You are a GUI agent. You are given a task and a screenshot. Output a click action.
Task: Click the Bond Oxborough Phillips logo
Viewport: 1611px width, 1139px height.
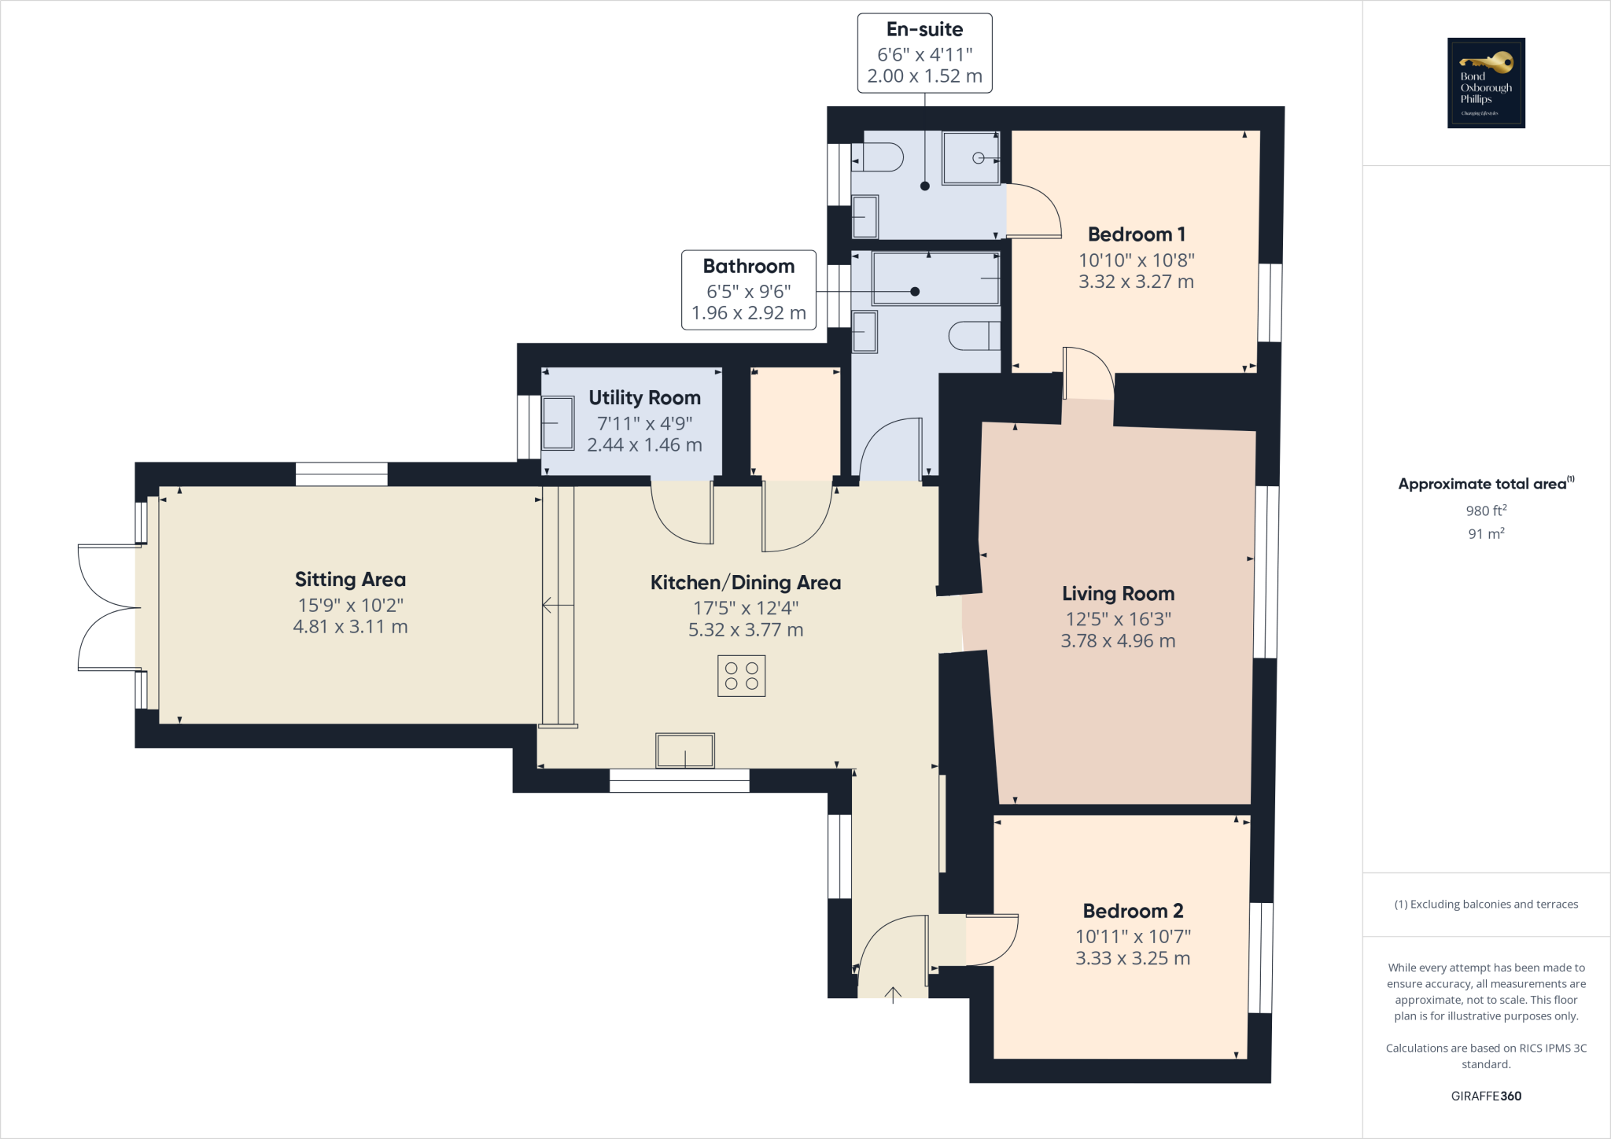pyautogui.click(x=1486, y=83)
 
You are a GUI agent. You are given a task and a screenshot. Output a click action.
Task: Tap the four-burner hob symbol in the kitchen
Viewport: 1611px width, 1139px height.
pyautogui.click(x=741, y=676)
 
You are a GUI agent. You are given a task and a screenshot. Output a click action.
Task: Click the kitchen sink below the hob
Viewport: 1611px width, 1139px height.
pyautogui.click(x=685, y=750)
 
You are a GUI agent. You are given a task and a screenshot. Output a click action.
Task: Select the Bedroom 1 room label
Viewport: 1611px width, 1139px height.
pyautogui.click(x=1136, y=234)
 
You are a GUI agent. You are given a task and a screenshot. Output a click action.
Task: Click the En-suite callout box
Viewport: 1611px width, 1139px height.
pyautogui.click(x=924, y=53)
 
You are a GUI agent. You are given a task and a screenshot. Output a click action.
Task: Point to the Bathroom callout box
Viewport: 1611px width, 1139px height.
pyautogui.click(x=748, y=289)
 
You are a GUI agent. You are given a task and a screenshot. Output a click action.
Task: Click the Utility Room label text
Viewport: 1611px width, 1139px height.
pyautogui.click(x=644, y=398)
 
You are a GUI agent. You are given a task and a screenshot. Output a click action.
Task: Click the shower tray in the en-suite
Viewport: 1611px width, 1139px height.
pyautogui.click(x=971, y=158)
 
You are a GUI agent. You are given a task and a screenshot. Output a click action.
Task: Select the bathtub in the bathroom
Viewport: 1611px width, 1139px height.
pyautogui.click(x=935, y=278)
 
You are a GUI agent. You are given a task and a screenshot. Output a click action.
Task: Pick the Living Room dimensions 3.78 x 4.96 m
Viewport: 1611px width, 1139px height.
pyautogui.click(x=1118, y=641)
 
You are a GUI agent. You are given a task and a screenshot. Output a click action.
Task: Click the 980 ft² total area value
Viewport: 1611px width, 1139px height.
pyautogui.click(x=1486, y=511)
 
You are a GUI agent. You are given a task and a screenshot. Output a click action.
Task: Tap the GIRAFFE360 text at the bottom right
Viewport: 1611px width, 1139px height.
pyautogui.click(x=1486, y=1096)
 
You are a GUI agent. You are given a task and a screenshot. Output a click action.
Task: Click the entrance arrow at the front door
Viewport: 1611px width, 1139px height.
pyautogui.click(x=893, y=995)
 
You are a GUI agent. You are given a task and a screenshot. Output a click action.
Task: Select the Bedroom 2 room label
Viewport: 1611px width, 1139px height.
pyautogui.click(x=1133, y=911)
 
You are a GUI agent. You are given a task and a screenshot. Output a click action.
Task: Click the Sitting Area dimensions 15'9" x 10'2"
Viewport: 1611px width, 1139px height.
pyautogui.click(x=350, y=605)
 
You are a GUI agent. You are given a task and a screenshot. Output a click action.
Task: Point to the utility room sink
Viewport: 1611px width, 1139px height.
pyautogui.click(x=558, y=423)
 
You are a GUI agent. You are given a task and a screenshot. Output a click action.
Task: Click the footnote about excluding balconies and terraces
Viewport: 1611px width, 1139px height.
pyautogui.click(x=1486, y=905)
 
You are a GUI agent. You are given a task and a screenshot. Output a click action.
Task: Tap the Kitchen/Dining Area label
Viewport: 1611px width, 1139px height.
pyautogui.click(x=745, y=583)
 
